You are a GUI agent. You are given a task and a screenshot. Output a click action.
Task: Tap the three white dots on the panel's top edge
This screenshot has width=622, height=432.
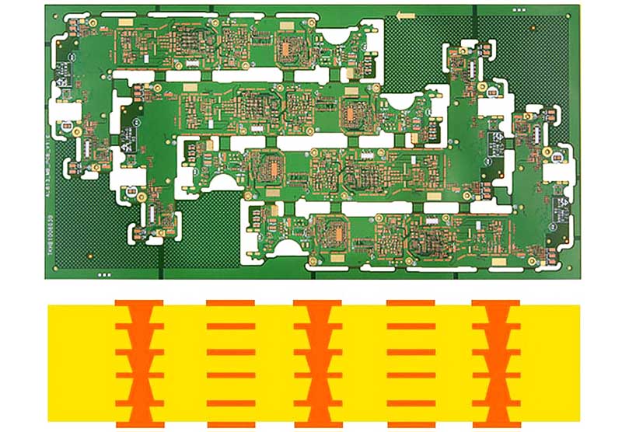tap(519, 7)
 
